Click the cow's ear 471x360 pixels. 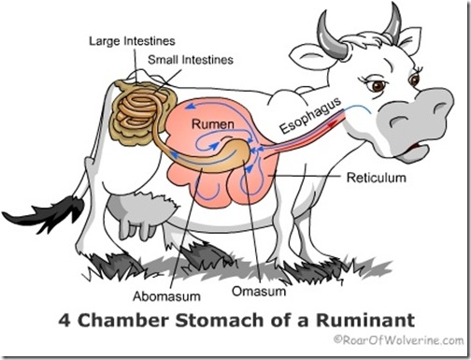click(314, 57)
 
